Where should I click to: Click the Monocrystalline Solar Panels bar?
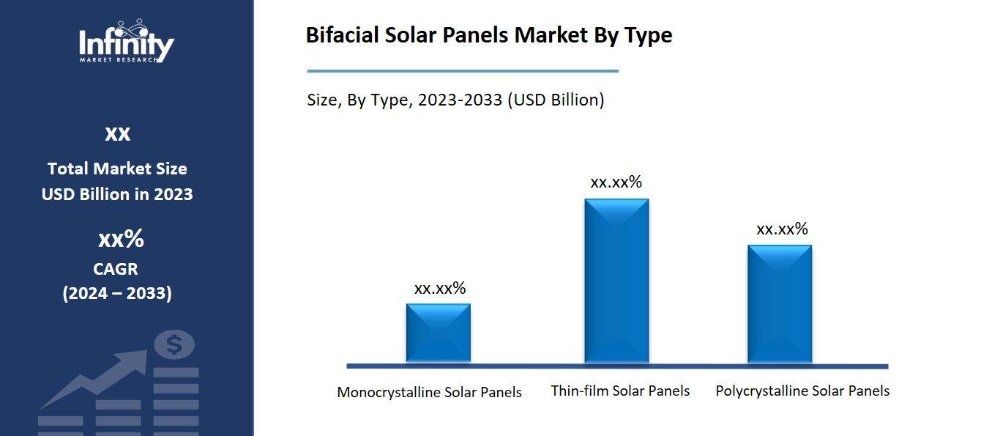[x=438, y=333]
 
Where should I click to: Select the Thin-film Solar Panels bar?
[x=616, y=281]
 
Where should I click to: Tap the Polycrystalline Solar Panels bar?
[x=780, y=303]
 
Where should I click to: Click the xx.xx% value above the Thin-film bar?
[x=616, y=182]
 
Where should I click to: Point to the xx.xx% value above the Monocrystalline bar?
[x=439, y=288]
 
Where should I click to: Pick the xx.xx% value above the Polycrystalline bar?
[x=782, y=229]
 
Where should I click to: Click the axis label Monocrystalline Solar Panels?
[x=429, y=392]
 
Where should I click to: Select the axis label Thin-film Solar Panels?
[x=620, y=391]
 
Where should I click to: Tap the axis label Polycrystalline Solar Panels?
[x=802, y=391]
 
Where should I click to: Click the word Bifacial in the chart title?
[x=342, y=35]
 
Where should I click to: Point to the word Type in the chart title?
[x=647, y=35]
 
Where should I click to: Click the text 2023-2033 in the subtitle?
[x=460, y=100]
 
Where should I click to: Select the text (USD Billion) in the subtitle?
[x=556, y=100]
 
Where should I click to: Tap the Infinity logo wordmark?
[x=127, y=44]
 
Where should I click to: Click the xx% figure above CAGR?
[x=121, y=240]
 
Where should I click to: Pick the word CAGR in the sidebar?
[x=116, y=269]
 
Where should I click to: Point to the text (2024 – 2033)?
[x=117, y=294]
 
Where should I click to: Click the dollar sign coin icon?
[x=174, y=344]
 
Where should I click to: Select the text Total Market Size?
[x=117, y=169]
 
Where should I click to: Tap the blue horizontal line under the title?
[x=463, y=71]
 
